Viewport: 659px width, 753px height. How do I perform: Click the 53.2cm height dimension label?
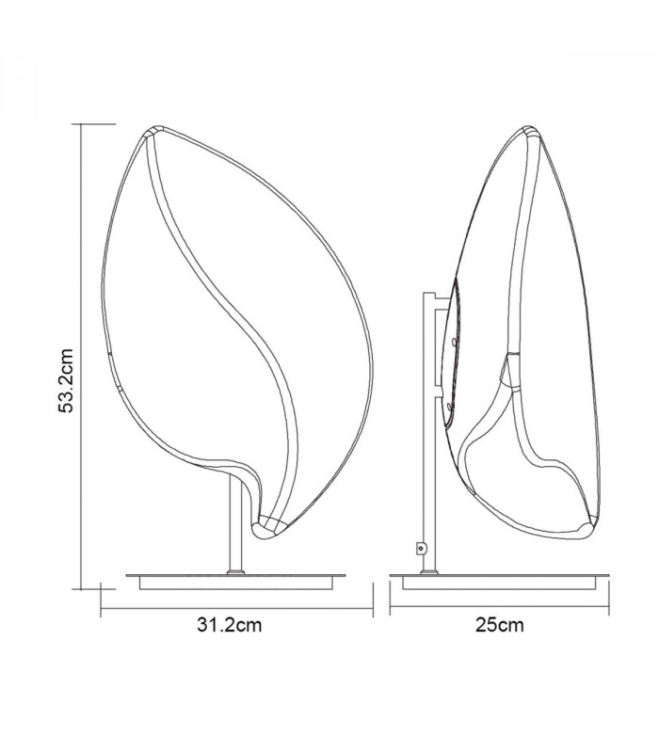[65, 381]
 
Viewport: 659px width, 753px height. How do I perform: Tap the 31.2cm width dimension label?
[229, 625]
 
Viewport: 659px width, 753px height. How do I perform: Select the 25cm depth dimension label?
[500, 625]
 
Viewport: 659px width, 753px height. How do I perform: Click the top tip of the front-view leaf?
[154, 129]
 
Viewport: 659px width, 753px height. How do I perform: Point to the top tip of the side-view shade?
[531, 130]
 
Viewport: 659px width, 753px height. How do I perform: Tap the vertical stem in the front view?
[236, 522]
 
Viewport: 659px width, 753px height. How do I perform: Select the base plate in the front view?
[236, 581]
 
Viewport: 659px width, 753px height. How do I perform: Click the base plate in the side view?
[500, 581]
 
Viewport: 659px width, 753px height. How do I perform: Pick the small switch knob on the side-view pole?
[421, 548]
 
